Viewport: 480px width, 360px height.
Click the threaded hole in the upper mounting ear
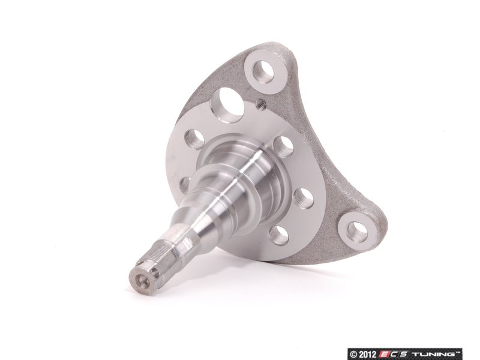click(263, 72)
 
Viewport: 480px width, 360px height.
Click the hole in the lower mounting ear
click(357, 230)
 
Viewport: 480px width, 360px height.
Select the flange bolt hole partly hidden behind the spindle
click(185, 185)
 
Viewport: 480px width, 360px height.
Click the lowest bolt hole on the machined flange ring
click(280, 235)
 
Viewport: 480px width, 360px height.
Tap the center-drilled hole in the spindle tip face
click(142, 280)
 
